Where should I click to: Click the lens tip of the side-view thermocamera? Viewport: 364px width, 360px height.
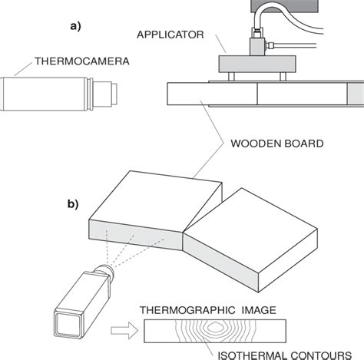113,94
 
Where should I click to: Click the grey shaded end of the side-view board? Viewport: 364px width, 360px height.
356,94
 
